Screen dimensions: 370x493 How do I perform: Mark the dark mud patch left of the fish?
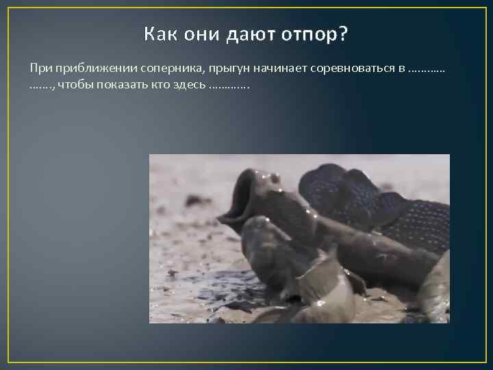198,201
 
